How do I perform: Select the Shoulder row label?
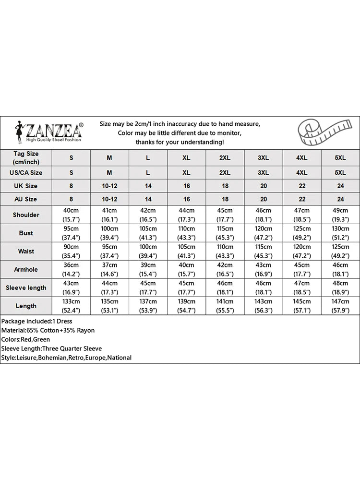point(26,215)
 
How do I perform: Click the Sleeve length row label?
point(26,288)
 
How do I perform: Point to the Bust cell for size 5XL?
point(340,233)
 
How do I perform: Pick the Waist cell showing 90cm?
point(72,251)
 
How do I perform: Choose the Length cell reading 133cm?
point(72,306)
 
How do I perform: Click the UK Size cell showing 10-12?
point(109,186)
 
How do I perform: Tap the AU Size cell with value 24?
point(340,199)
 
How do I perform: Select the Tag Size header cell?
point(26,157)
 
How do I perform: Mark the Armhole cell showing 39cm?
point(148,269)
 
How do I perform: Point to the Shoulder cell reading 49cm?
point(340,215)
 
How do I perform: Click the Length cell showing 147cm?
point(340,306)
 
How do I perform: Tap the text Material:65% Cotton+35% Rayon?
point(48,330)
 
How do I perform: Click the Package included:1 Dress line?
point(36,321)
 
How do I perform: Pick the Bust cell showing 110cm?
point(187,233)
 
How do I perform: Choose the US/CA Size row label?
point(26,172)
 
